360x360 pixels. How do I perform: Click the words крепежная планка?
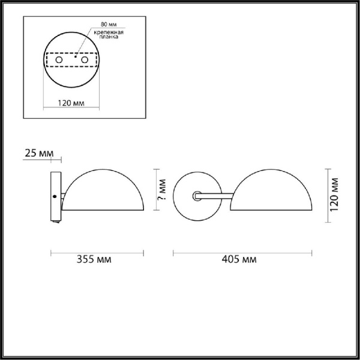click(x=107, y=34)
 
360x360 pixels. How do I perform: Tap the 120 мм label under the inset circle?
click(x=70, y=103)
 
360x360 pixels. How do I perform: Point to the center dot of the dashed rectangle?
click(x=76, y=58)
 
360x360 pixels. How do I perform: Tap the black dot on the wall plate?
click(x=55, y=197)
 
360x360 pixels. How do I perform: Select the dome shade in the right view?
click(x=271, y=192)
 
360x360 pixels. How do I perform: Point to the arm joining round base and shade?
click(x=216, y=195)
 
